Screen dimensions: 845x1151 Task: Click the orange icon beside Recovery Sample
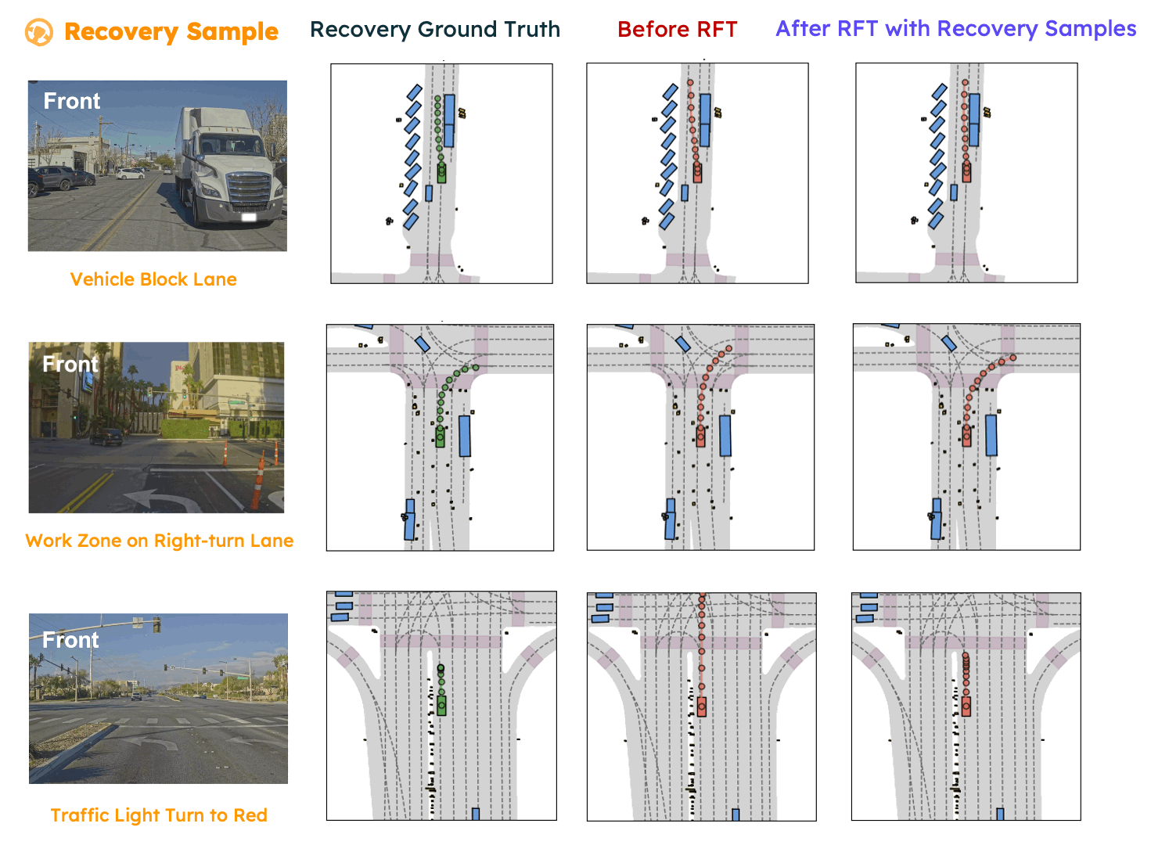pos(38,33)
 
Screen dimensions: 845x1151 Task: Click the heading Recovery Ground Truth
pos(435,30)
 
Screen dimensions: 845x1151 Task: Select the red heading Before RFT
pos(677,30)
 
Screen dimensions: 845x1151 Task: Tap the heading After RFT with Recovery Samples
pos(955,29)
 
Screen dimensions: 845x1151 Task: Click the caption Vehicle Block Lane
pos(153,279)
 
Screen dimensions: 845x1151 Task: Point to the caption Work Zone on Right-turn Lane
pos(160,541)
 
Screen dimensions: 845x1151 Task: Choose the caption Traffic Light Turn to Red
pos(159,815)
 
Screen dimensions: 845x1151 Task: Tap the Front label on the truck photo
pos(72,102)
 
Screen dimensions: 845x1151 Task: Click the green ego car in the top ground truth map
pos(441,173)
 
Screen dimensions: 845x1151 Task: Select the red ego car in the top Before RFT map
pos(697,173)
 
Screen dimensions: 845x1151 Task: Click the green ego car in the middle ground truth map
pos(440,437)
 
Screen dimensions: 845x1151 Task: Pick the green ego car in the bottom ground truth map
pos(441,706)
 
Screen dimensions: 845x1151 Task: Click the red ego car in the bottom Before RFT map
pos(702,707)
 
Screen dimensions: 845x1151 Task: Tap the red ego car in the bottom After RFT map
pos(966,707)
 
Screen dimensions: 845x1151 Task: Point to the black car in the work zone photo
pos(106,437)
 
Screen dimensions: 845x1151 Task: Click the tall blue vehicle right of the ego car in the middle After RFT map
pos(991,435)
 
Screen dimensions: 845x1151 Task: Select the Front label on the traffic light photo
pos(70,640)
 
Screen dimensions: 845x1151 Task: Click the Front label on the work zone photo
pos(70,364)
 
